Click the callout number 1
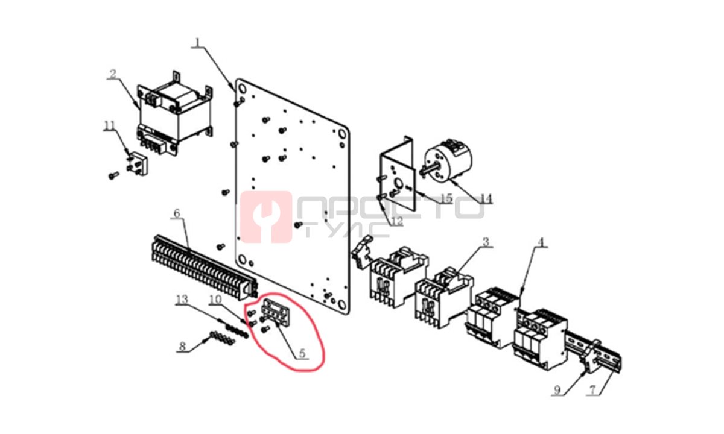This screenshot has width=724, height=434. tap(198, 43)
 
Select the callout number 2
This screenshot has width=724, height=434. tap(112, 74)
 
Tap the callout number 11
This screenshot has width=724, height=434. tap(109, 126)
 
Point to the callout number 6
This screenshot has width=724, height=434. tap(176, 213)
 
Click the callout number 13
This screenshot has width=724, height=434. tap(182, 300)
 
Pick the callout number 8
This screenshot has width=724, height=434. tap(183, 347)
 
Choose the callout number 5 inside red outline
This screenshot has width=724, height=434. tap(302, 353)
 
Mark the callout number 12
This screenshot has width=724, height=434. tap(397, 221)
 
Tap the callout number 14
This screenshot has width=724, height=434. tap(486, 198)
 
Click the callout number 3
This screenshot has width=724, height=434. tap(486, 242)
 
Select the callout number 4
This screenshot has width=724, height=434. tap(541, 242)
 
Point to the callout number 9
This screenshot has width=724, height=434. tap(557, 390)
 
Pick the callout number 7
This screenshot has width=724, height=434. tap(592, 390)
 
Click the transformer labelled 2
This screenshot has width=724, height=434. tap(175, 114)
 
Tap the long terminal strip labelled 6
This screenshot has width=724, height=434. tap(205, 267)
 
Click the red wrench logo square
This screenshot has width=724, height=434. tap(266, 217)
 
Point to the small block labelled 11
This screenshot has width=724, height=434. tap(137, 165)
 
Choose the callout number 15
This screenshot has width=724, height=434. tap(446, 198)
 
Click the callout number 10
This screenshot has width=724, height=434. tap(215, 300)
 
